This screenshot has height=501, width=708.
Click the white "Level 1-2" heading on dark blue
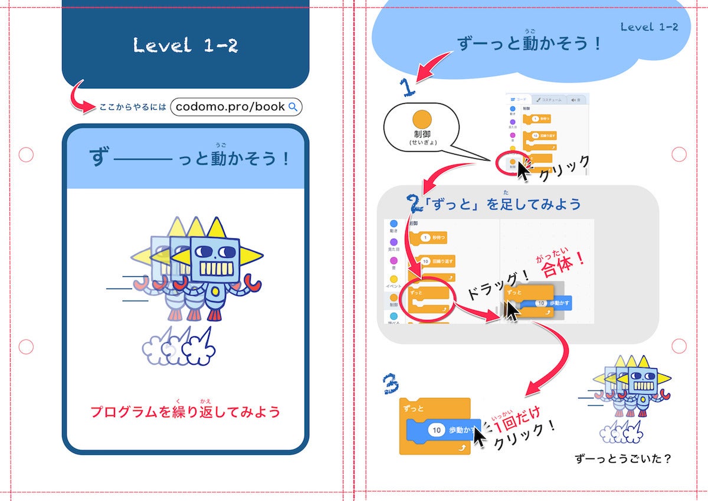185,45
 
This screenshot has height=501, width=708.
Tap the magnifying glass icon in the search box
293,107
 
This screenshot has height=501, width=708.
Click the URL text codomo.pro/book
230,107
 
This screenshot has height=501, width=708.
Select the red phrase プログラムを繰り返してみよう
185,411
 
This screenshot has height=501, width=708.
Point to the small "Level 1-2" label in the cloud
649,27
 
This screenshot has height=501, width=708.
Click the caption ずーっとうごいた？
624,458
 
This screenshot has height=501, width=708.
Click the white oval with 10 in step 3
437,430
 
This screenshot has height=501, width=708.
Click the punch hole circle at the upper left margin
26,155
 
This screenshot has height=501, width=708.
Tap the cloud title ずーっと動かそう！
529,44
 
